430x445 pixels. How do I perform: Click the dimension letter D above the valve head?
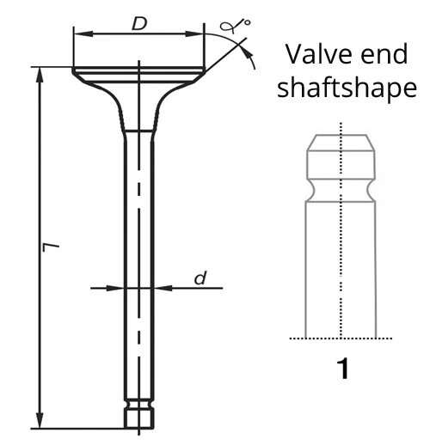(138, 24)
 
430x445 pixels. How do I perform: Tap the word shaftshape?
(347, 88)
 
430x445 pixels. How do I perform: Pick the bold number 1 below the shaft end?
(343, 370)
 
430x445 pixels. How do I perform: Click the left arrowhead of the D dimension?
(78, 34)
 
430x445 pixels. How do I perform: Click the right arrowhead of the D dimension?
(199, 34)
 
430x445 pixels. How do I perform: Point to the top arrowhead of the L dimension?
(40, 72)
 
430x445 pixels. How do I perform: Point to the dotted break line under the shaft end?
(342, 338)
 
